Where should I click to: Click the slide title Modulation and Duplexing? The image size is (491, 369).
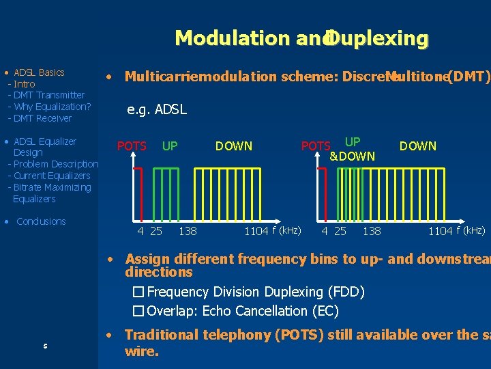301,38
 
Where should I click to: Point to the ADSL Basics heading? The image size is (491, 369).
39,72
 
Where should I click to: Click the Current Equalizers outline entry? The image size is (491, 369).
52,176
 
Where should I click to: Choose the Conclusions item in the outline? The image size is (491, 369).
41,221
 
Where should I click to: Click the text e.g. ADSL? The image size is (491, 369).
157,109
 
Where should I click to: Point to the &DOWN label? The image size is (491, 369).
352,156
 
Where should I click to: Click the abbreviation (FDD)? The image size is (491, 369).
346,292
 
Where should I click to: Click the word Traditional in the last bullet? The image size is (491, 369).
162,335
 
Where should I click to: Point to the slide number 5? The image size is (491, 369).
45,346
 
